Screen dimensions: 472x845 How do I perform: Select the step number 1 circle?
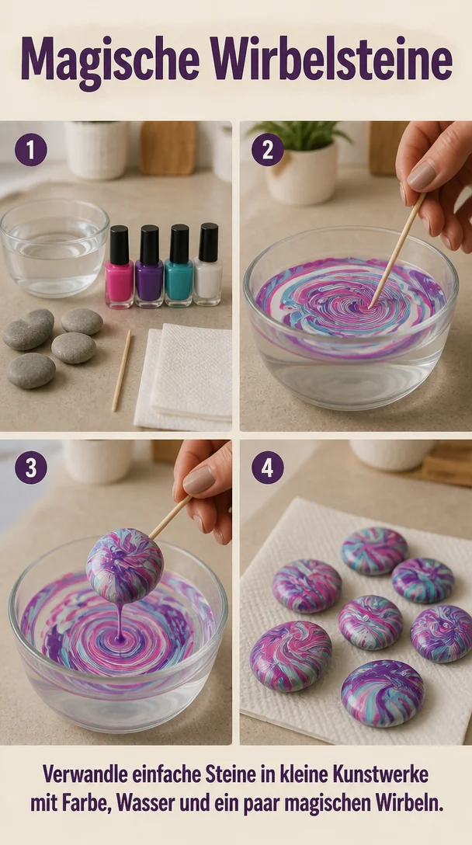tap(31, 149)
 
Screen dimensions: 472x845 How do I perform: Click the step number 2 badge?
tap(267, 149)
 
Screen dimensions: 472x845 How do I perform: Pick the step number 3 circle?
tap(31, 468)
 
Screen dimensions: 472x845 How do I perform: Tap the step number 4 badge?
tap(267, 468)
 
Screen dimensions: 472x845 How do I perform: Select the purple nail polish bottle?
tap(149, 266)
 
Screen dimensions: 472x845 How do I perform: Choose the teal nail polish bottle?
tap(179, 266)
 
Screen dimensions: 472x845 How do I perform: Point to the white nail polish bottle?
tap(208, 264)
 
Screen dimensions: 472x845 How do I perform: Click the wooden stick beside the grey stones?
tap(121, 370)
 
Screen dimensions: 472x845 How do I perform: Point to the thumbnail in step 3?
tap(199, 480)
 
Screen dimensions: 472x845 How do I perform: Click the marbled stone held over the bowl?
tap(124, 565)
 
